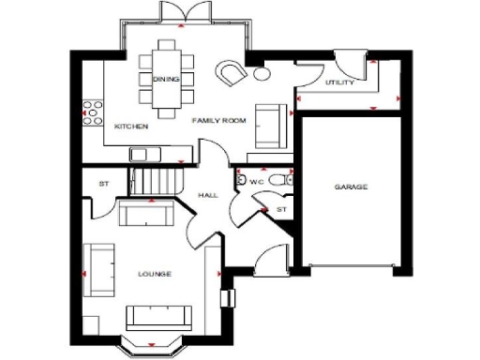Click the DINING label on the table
(166, 79)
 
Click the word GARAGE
(351, 187)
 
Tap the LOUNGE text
(154, 274)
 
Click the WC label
(254, 181)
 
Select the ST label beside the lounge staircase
(104, 183)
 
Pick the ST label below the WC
(280, 210)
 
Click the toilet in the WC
(274, 180)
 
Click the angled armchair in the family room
(231, 73)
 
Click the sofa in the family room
(272, 119)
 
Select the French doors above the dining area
(181, 12)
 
